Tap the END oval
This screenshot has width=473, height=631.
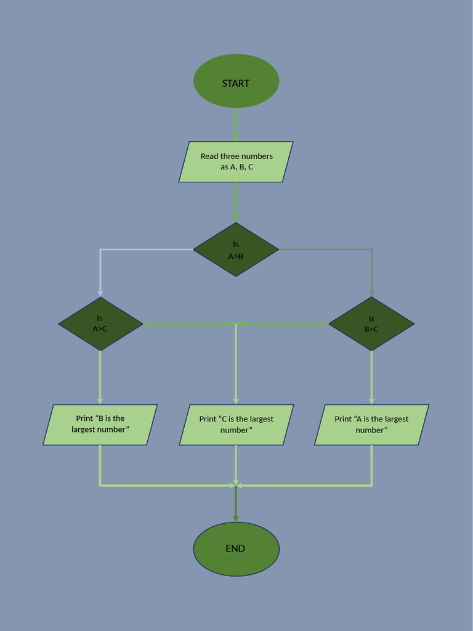click(236, 548)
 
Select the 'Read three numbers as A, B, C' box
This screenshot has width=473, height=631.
click(236, 162)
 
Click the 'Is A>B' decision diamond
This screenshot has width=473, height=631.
click(236, 250)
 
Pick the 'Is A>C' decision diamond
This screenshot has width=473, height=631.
click(100, 324)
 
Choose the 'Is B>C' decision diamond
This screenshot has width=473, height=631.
click(371, 324)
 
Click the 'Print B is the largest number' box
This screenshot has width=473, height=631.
click(100, 425)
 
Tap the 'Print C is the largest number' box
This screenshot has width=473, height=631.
click(236, 425)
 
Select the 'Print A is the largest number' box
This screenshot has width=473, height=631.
click(371, 425)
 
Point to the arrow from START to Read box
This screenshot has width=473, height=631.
click(236, 124)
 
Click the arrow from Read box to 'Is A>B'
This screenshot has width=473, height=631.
click(236, 202)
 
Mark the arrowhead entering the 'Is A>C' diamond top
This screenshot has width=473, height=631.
click(100, 293)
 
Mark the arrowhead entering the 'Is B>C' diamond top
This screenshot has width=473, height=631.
click(371, 293)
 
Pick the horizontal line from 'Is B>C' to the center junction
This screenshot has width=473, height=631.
click(283, 324)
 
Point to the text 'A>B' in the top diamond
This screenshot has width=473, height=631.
click(236, 256)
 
